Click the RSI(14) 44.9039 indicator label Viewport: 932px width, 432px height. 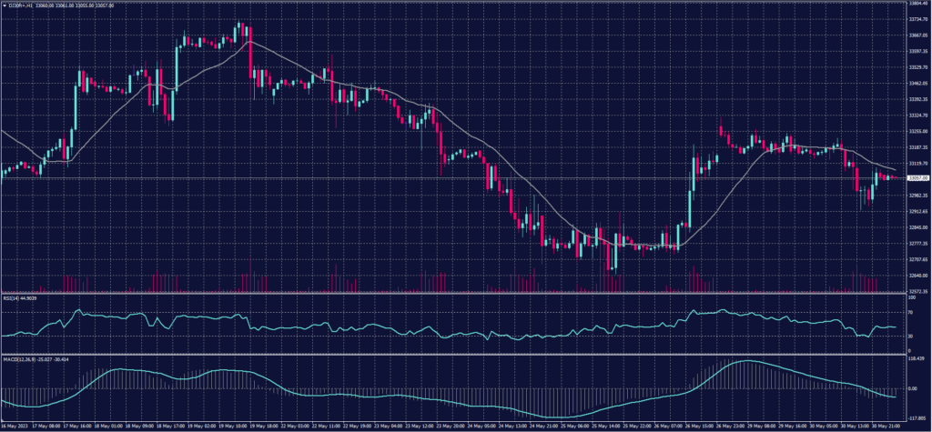(23, 297)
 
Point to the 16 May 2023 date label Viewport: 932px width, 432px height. (13, 426)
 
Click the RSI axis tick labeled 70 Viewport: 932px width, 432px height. (909, 311)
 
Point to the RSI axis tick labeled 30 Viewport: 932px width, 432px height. (909, 337)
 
